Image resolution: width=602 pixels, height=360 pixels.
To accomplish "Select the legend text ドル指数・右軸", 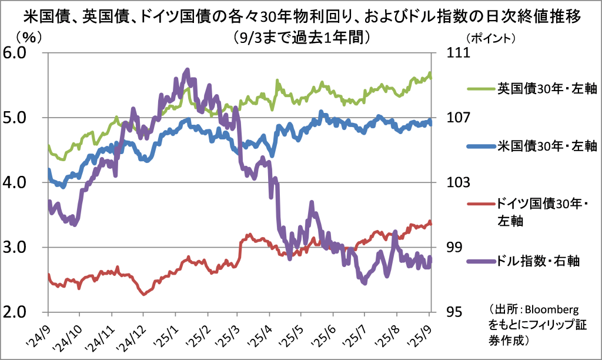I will pos(538,261).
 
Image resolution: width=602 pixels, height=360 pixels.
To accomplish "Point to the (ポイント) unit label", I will pos(491,38).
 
